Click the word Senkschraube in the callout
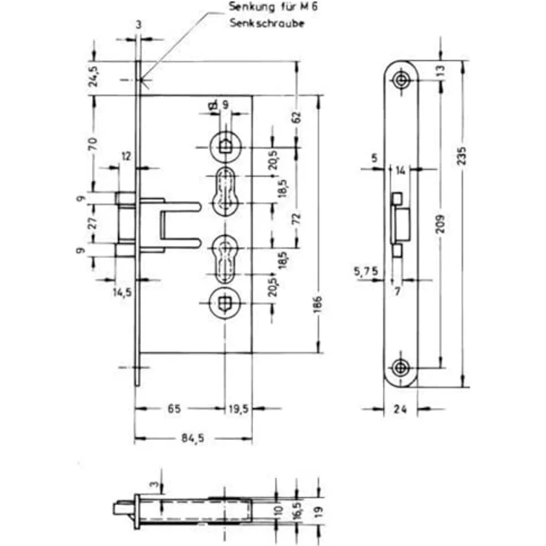267,23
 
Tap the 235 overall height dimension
462,156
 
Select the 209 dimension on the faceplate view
441,224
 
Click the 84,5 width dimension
193,438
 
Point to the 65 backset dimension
174,409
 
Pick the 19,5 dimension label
239,409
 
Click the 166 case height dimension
318,305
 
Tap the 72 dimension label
297,219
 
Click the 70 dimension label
93,143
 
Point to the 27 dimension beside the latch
93,223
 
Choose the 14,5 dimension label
122,292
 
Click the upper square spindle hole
224,147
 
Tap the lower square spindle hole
224,303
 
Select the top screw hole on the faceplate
401,80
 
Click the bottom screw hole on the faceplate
401,368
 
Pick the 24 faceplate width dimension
401,409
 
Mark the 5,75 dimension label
366,271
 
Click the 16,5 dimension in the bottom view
297,511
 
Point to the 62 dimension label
297,116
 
